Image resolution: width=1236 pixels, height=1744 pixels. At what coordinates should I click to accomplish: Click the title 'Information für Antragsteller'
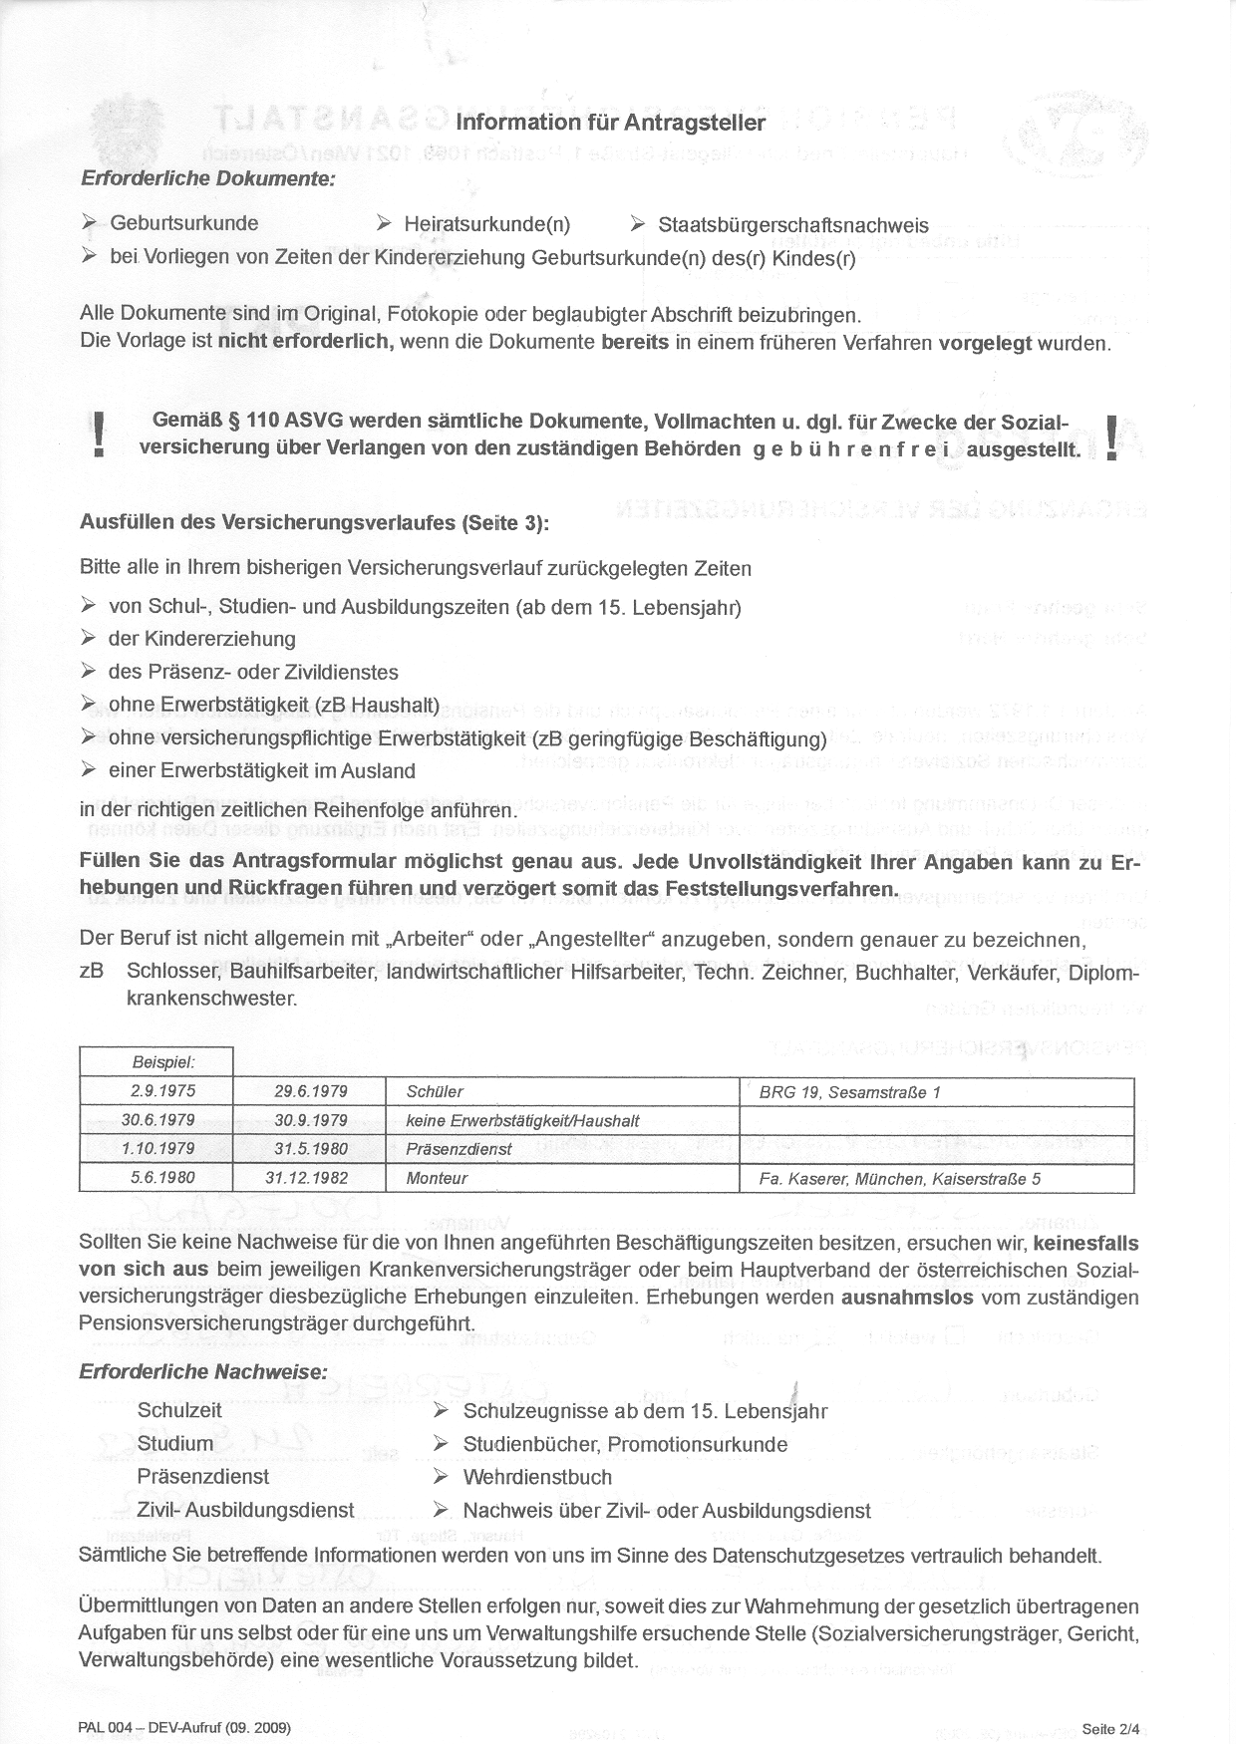610,123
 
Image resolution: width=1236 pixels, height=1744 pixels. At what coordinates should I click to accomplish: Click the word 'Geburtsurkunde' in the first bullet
184,223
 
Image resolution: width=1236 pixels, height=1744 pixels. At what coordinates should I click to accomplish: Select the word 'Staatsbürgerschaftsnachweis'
793,225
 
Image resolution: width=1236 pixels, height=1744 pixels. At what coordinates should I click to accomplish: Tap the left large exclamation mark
97,436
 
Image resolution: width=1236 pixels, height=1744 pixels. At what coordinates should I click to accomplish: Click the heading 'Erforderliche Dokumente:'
207,178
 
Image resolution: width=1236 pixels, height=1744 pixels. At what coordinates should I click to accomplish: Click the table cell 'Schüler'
435,1092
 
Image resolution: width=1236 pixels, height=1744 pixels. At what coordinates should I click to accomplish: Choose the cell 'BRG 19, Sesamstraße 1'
849,1092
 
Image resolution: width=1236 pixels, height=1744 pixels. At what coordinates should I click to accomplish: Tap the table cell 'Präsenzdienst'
459,1149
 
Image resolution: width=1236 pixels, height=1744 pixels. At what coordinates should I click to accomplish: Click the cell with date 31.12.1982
307,1178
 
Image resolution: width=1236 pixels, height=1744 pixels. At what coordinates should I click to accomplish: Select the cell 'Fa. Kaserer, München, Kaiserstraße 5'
899,1179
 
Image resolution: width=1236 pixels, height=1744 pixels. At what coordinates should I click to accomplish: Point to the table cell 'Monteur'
437,1178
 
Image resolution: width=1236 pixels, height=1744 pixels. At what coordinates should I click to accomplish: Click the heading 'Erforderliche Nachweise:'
203,1371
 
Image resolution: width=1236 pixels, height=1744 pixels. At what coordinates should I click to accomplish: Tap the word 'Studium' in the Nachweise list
175,1444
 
